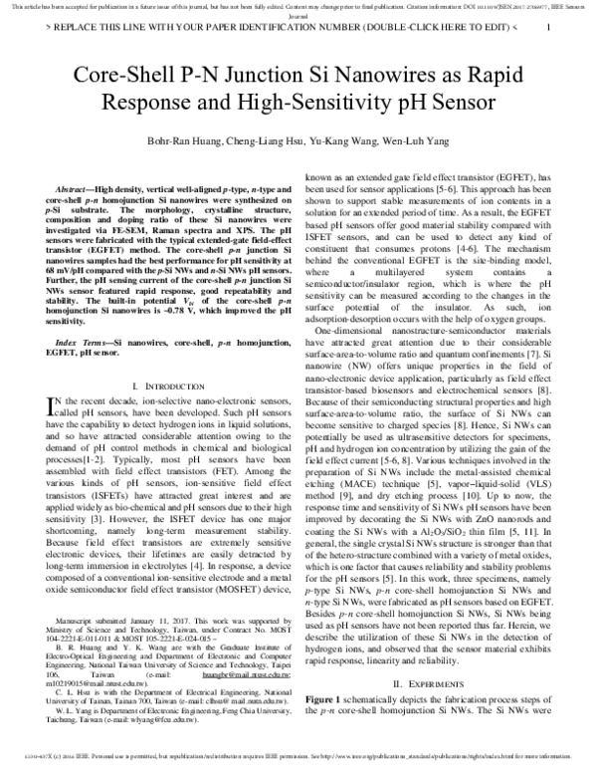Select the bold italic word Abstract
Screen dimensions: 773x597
(79, 189)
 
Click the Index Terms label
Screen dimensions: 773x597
(84, 342)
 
